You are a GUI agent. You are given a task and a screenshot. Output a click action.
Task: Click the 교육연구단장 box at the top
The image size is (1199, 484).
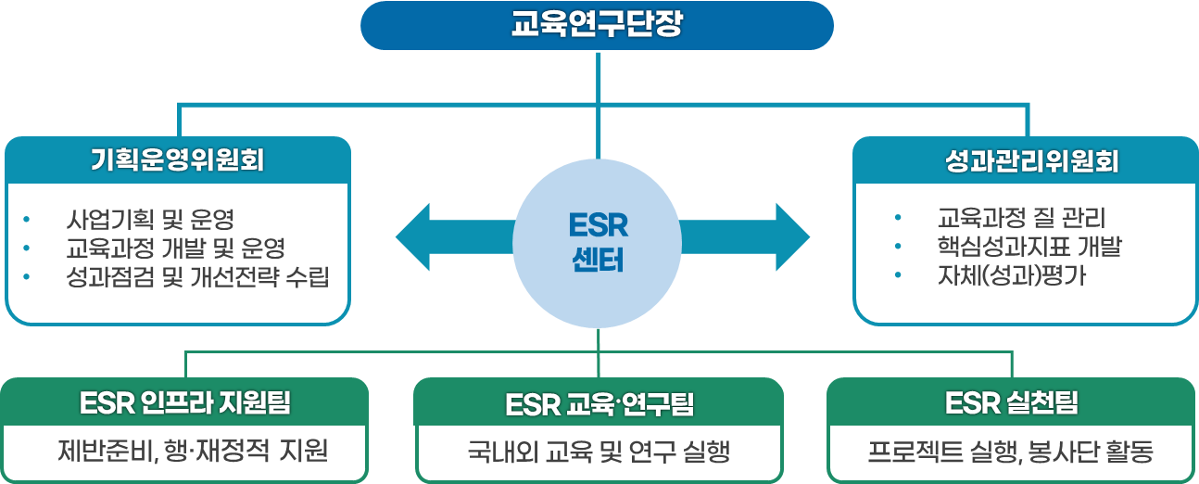(x=597, y=25)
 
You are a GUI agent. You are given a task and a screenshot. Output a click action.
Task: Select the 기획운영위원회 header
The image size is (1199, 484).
(x=178, y=160)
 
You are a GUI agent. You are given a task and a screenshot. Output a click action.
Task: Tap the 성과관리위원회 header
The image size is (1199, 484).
(x=1025, y=161)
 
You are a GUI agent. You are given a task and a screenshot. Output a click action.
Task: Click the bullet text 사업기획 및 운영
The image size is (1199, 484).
(x=150, y=220)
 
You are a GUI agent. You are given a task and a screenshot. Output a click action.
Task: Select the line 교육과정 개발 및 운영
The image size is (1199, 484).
(x=175, y=248)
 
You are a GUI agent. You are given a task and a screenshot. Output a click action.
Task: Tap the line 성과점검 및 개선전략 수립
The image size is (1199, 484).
(x=197, y=276)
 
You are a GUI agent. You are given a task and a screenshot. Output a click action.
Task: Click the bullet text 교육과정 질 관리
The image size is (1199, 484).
(x=1021, y=220)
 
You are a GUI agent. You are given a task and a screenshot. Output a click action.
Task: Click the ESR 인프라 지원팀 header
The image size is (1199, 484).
(x=185, y=403)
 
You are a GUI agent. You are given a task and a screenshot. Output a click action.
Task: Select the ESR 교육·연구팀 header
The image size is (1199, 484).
(x=599, y=404)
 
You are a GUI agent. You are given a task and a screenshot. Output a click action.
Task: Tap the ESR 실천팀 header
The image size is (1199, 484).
(x=1012, y=403)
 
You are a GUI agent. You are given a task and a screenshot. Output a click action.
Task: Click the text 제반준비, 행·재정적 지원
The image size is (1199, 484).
(x=193, y=452)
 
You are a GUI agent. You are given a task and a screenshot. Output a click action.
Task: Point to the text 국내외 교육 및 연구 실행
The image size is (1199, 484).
(x=599, y=452)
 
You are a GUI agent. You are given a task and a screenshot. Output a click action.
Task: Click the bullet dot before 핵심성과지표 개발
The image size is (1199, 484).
(x=898, y=248)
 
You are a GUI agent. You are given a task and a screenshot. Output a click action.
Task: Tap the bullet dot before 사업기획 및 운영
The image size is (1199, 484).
(x=27, y=220)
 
